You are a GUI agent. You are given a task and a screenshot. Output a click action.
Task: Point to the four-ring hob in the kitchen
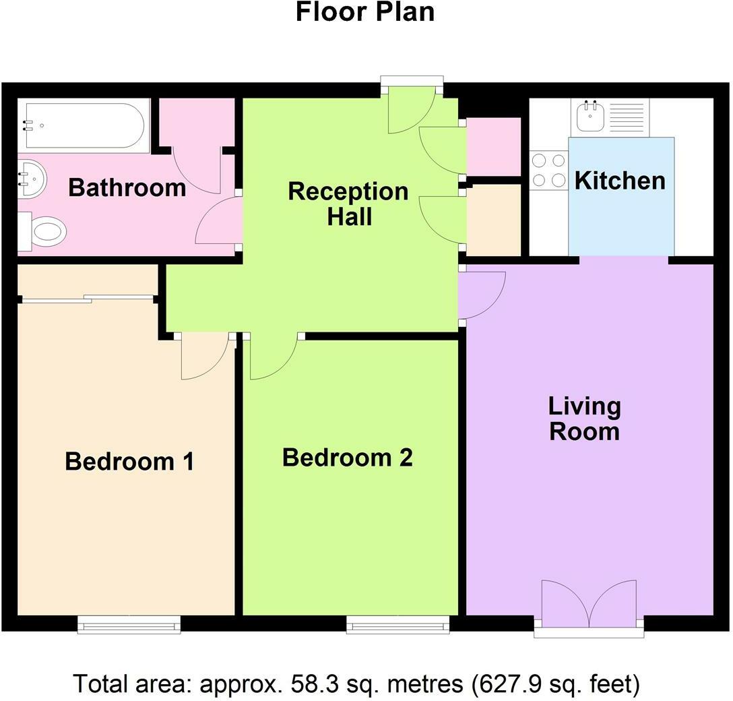click(548, 171)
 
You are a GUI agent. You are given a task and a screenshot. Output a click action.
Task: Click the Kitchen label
click(620, 181)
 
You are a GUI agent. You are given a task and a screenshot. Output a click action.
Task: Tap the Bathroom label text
click(127, 187)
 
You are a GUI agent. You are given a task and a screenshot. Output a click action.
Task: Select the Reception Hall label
click(348, 204)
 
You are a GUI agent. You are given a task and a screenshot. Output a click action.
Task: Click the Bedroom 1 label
click(129, 462)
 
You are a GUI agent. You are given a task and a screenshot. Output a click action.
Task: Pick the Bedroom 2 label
click(347, 458)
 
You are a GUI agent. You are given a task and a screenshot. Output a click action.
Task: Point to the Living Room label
click(584, 419)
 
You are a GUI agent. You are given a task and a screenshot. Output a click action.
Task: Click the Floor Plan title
click(365, 12)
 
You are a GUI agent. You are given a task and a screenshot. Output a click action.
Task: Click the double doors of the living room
click(589, 604)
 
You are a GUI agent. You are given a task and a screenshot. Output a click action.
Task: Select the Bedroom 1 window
click(129, 625)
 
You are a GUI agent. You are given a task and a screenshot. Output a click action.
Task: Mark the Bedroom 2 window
click(398, 625)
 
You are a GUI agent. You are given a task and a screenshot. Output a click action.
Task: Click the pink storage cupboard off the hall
click(494, 146)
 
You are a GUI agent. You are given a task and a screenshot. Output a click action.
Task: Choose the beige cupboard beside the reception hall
click(494, 220)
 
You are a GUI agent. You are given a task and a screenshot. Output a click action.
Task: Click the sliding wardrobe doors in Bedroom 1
click(88, 299)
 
